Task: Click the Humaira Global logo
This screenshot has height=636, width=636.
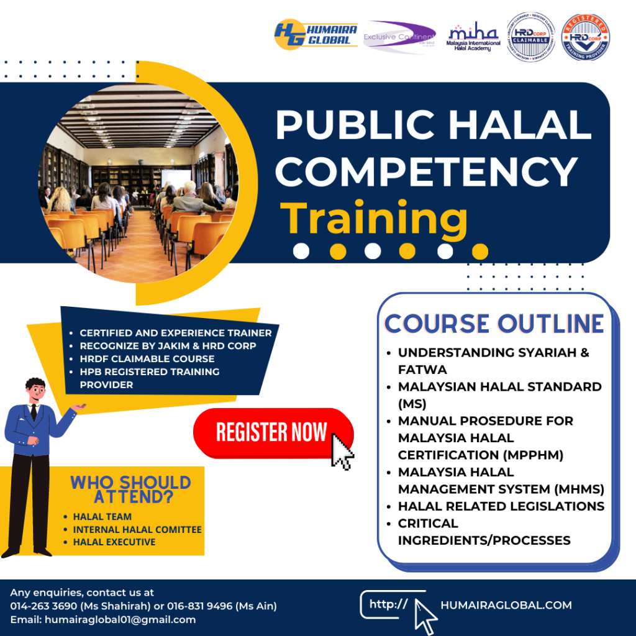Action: (x=316, y=34)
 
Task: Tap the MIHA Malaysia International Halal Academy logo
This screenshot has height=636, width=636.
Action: (x=473, y=39)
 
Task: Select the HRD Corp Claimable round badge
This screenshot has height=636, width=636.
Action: (x=529, y=37)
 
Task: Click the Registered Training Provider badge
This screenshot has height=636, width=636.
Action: (x=585, y=37)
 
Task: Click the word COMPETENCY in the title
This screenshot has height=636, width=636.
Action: (x=426, y=172)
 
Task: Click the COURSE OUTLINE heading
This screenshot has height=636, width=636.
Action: (x=494, y=324)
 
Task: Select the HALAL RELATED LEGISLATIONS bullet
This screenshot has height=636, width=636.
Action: (x=501, y=506)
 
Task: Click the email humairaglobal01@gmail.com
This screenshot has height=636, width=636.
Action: (x=120, y=619)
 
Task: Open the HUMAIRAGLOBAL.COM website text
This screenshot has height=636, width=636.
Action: (x=506, y=605)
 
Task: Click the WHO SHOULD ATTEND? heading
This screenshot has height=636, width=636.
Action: (x=130, y=489)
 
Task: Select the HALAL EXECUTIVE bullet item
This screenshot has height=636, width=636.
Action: (x=114, y=542)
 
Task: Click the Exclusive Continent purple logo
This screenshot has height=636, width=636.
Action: (x=399, y=37)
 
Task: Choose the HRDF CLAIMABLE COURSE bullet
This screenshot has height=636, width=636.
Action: (x=147, y=358)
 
